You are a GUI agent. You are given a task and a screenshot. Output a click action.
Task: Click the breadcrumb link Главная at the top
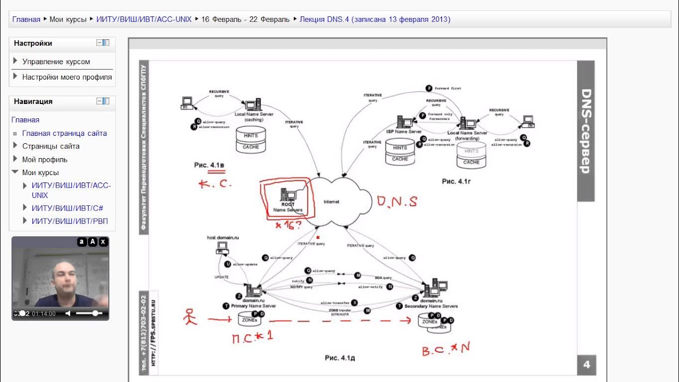[26, 20]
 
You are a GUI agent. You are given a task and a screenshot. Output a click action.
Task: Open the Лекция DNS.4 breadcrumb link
[375, 20]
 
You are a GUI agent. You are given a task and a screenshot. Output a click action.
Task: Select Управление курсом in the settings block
[56, 62]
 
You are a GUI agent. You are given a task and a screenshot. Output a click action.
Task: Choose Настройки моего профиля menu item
[67, 77]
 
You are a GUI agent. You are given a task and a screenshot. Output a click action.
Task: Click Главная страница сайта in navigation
[64, 133]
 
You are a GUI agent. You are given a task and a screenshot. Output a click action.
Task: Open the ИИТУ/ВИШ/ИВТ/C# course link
[67, 208]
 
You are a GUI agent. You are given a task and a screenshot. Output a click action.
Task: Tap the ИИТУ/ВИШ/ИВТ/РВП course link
[69, 221]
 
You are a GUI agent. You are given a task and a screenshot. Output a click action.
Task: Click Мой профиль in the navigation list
[45, 159]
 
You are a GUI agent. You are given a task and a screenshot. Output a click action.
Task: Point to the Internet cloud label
[331, 202]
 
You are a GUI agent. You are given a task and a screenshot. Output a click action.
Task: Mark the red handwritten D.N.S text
[397, 201]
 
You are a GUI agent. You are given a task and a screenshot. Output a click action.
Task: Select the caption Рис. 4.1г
[456, 181]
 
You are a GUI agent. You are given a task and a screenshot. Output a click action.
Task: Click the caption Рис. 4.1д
[339, 358]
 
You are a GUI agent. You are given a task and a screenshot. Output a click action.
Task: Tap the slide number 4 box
[586, 364]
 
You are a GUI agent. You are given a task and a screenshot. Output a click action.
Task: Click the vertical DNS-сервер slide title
[586, 131]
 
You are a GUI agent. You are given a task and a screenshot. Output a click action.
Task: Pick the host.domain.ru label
[223, 238]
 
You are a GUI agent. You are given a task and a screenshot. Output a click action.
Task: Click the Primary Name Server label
[253, 306]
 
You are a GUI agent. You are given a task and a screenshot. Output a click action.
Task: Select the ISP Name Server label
[404, 132]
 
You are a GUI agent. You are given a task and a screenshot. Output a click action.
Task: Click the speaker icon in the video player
[68, 314]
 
